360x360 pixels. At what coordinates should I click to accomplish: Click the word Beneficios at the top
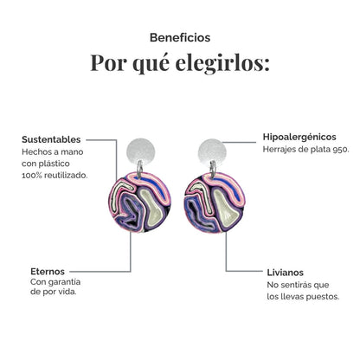[x=180, y=38]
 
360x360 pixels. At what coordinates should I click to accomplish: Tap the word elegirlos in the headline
[x=222, y=63]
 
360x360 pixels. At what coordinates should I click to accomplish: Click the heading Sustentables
[x=51, y=139]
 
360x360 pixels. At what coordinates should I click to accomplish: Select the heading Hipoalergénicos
[x=299, y=137]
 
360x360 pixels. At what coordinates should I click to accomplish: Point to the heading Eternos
[x=48, y=272]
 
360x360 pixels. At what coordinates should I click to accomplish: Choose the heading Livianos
[x=285, y=273]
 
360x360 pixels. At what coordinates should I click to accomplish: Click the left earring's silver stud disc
[x=141, y=151]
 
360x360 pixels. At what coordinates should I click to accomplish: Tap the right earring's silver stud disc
[x=212, y=152]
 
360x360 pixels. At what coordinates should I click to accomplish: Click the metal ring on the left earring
[x=139, y=169]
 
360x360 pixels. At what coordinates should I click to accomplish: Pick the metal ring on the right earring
[x=213, y=169]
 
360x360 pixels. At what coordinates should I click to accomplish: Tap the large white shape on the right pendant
[x=227, y=209]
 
